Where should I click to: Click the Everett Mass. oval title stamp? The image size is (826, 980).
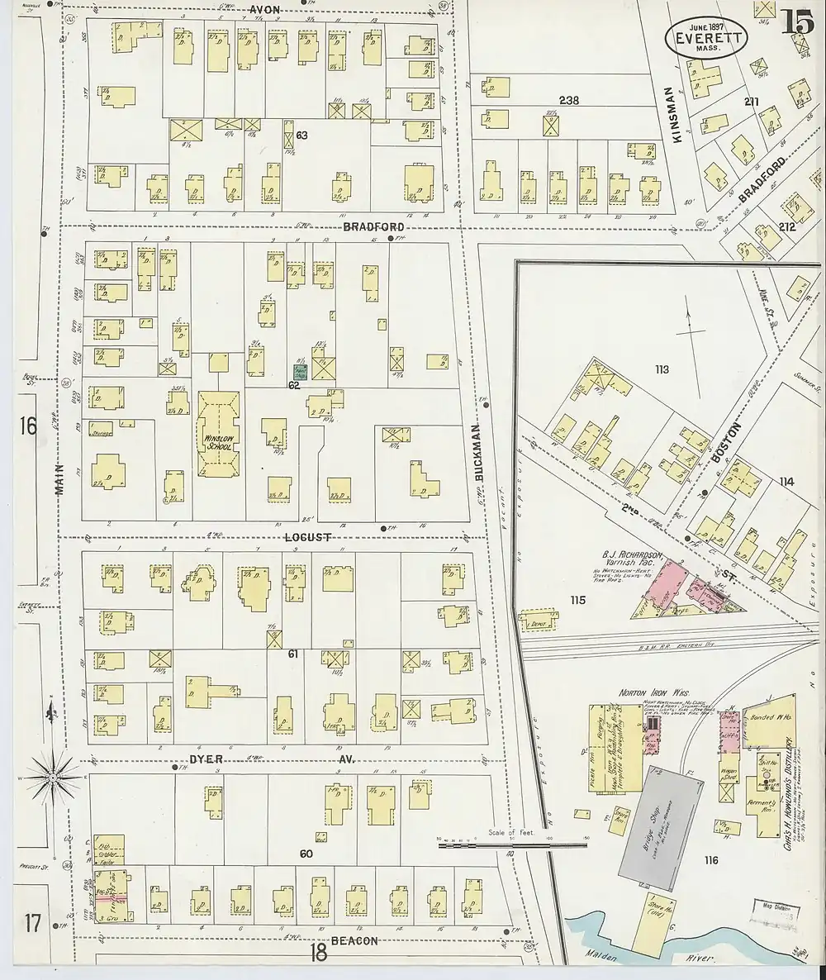[x=706, y=36]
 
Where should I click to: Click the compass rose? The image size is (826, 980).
[x=52, y=777]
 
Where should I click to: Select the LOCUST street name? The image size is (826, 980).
[x=307, y=537]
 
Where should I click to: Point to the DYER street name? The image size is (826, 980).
[x=203, y=758]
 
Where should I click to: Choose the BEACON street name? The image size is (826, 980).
[x=354, y=940]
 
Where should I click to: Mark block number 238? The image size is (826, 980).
[x=568, y=101]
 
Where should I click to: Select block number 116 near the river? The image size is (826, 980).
[x=710, y=861]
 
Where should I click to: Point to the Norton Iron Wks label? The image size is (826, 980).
[x=643, y=692]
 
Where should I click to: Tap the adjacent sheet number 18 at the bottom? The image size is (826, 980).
[x=318, y=953]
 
